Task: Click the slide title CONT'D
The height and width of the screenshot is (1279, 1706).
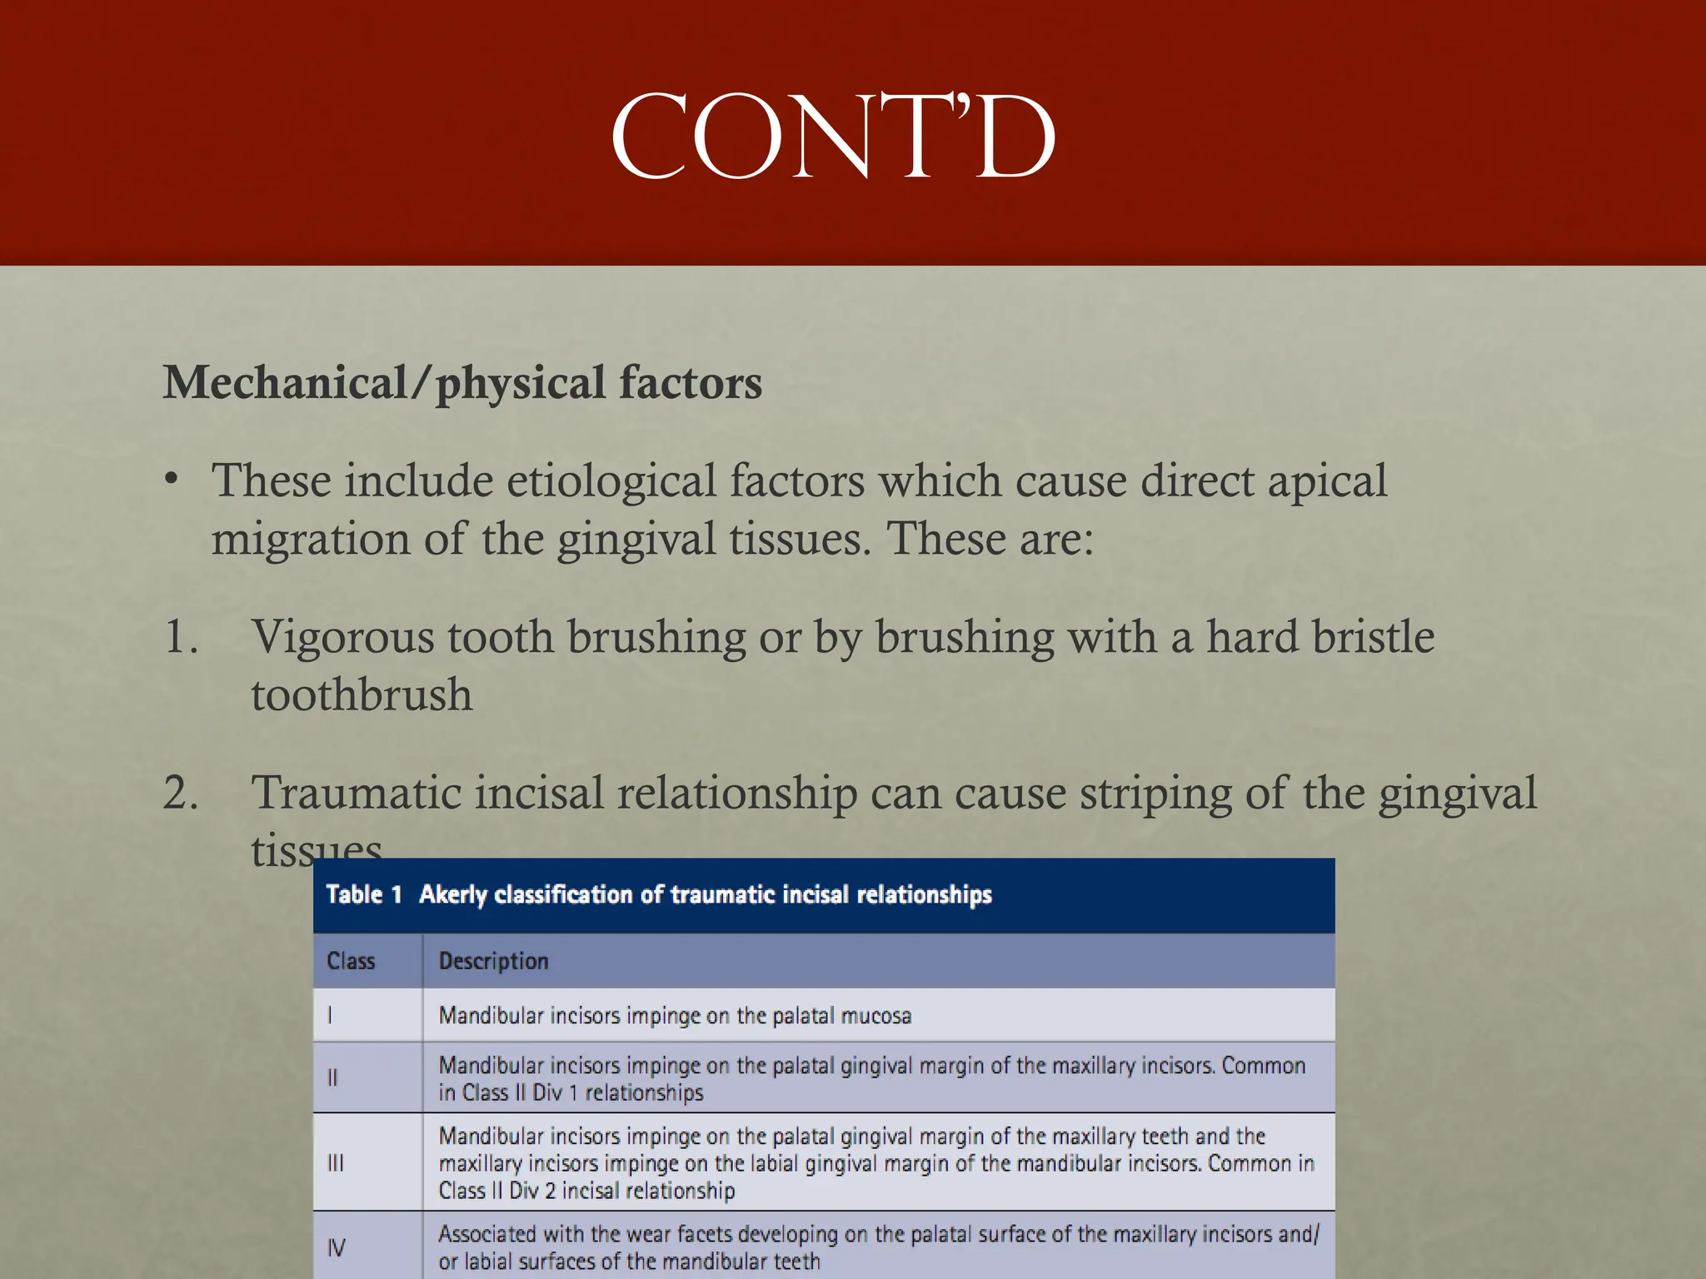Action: tap(833, 137)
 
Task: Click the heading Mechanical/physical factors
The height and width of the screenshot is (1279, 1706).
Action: tap(462, 383)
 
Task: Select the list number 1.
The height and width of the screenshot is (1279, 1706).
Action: tap(181, 637)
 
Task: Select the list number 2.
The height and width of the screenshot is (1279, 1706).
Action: tap(181, 793)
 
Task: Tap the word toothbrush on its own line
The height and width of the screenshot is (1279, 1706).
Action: tap(362, 695)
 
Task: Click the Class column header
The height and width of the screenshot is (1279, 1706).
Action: tap(351, 961)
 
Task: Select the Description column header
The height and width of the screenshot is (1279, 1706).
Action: tap(493, 961)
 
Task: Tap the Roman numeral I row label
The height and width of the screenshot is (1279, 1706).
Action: tap(331, 1015)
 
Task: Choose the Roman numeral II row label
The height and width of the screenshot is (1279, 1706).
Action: tap(332, 1078)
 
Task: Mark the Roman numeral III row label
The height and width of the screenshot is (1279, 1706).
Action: tap(335, 1162)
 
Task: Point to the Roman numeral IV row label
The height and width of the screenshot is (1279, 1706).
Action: tap(336, 1247)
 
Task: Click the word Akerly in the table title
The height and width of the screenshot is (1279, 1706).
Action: tap(452, 894)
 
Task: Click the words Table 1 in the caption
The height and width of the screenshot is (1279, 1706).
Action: tap(364, 894)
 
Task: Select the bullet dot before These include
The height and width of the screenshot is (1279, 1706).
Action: tap(172, 480)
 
